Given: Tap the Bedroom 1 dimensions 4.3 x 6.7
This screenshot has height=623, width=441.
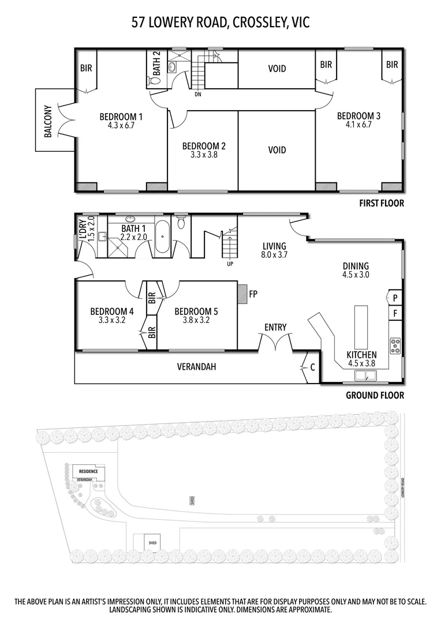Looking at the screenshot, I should click(121, 125).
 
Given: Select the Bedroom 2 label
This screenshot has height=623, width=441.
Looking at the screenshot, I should click(203, 146).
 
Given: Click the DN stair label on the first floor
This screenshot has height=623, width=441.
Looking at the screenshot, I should click(198, 94).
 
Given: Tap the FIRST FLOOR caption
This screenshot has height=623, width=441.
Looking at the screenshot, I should click(381, 203).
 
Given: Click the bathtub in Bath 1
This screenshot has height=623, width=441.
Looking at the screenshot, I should click(163, 237).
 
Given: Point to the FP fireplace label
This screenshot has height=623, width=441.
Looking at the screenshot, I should click(252, 294).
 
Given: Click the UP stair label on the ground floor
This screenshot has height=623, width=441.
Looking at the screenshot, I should click(230, 265).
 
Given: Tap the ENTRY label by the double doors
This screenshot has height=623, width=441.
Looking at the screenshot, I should click(275, 327).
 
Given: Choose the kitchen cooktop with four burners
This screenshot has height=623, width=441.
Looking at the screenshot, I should click(396, 346).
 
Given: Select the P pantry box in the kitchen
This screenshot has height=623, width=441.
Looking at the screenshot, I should click(395, 298).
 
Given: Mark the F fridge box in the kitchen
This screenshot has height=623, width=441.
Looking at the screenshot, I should click(395, 314).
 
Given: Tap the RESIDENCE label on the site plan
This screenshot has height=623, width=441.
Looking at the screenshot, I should click(88, 471).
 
